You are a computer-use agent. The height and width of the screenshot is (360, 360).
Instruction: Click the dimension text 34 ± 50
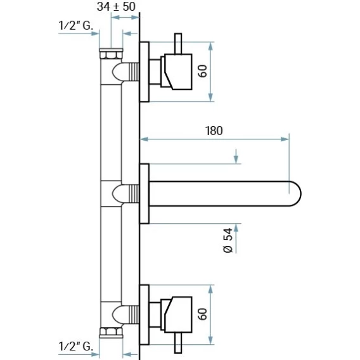pos(116,7)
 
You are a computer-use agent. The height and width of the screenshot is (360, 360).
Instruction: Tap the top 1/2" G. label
pos(76,25)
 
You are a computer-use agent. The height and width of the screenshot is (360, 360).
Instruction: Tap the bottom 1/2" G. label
pos(76,347)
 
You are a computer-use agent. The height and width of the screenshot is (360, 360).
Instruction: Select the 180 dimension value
pos(214,131)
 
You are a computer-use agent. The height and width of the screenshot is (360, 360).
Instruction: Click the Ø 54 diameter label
pos(228,240)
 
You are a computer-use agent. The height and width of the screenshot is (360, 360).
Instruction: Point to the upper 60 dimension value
pos(203,71)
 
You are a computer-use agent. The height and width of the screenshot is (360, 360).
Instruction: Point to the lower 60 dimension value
pos(203,314)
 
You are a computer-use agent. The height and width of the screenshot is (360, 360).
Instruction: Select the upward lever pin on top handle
pos(178,44)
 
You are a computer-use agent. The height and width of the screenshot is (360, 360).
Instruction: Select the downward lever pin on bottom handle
pos(178,343)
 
